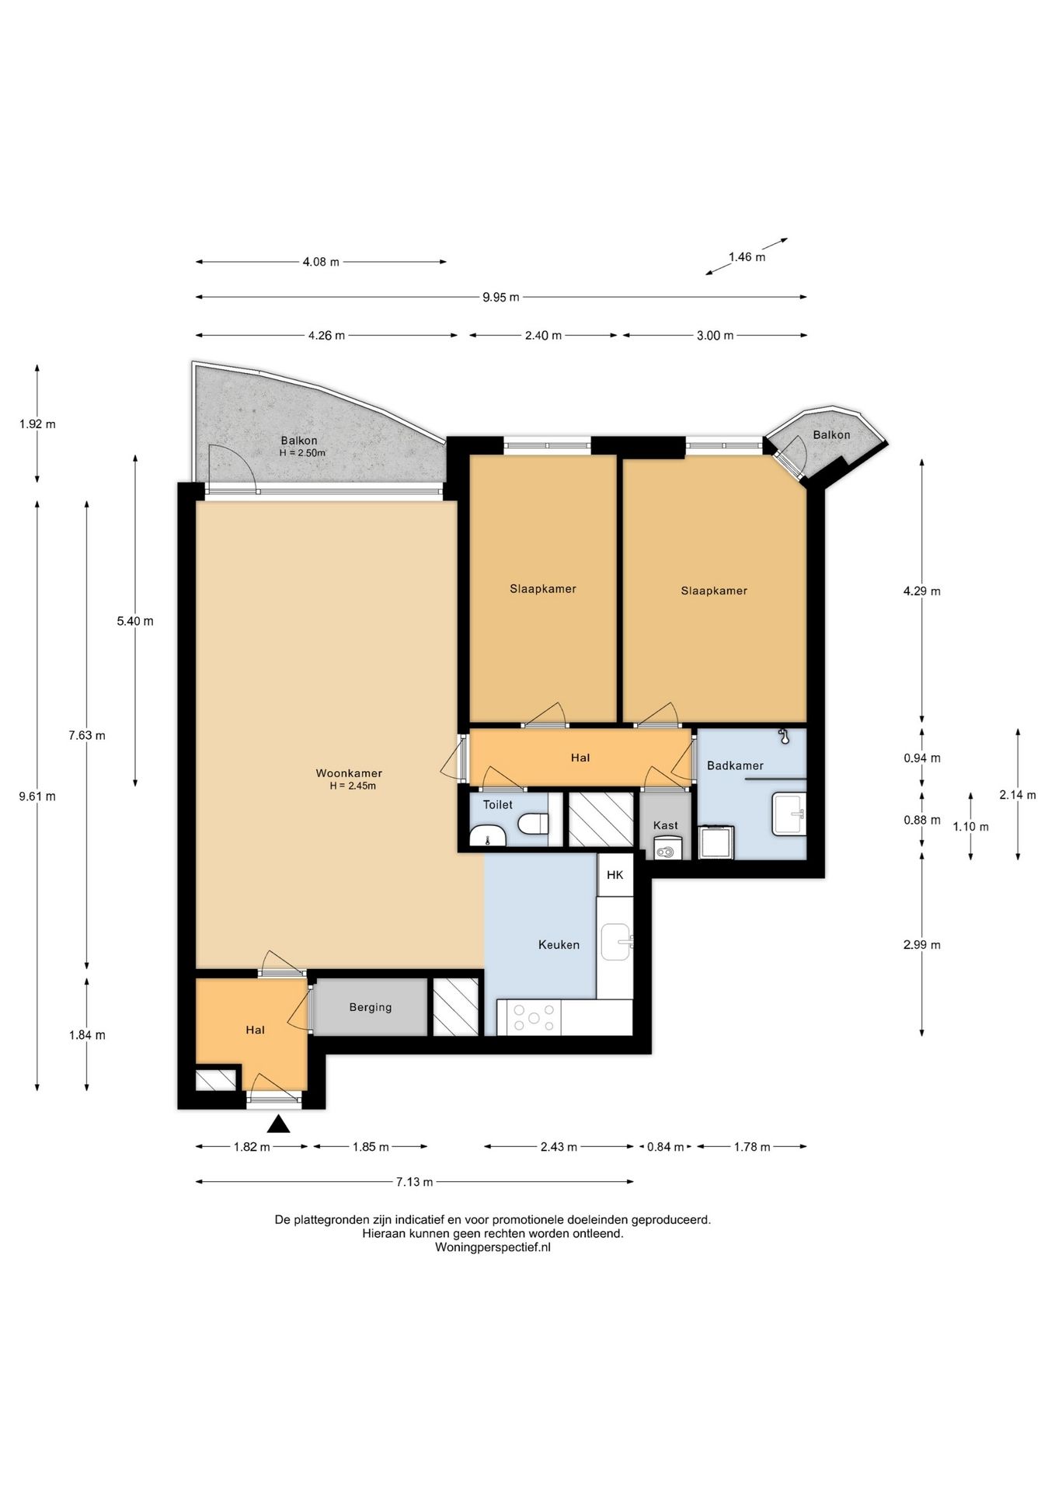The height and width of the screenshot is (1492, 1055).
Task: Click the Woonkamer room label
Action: click(x=349, y=773)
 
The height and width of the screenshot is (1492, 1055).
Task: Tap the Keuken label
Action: click(x=559, y=945)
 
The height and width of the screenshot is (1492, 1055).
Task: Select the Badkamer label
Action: click(x=735, y=765)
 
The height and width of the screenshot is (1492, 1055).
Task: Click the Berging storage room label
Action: click(x=371, y=1007)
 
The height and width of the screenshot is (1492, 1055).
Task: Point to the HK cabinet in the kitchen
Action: click(x=615, y=875)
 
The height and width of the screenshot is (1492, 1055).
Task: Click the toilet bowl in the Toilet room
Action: click(x=534, y=823)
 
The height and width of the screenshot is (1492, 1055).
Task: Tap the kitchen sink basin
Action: click(x=616, y=942)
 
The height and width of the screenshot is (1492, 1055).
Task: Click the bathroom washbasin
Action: click(x=789, y=814)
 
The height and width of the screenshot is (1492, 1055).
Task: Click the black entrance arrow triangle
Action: click(x=278, y=1124)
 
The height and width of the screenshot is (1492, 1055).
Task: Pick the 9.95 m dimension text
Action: click(x=501, y=297)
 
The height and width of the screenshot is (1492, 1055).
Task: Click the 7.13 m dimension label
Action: click(x=414, y=1182)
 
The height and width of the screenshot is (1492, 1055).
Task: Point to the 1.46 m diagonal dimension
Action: click(x=747, y=256)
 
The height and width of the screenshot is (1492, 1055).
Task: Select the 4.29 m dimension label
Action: click(x=921, y=591)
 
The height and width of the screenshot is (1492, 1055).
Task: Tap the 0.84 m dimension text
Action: click(x=666, y=1146)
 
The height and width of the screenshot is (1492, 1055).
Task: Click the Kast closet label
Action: click(x=666, y=825)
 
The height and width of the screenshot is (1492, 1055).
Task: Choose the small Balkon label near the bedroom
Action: click(x=831, y=435)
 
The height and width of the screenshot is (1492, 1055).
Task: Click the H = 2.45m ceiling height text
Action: click(x=353, y=786)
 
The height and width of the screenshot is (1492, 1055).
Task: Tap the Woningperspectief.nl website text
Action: click(x=493, y=1247)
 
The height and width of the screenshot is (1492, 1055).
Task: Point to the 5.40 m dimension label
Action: click(x=135, y=621)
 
